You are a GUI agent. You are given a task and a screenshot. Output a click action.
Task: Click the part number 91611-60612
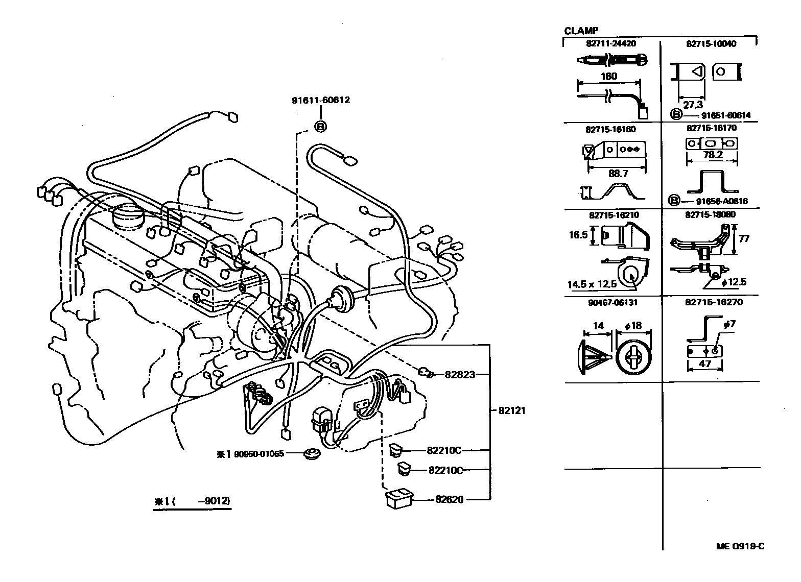pos(321,100)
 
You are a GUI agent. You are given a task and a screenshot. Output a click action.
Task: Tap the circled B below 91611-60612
pos(320,126)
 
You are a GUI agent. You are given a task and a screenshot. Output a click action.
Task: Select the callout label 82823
pos(459,375)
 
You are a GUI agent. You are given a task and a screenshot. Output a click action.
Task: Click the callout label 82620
pos(450,499)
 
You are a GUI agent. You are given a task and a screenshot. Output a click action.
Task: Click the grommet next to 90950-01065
pos(309,453)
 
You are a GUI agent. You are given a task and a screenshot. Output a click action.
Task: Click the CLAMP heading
pos(581,31)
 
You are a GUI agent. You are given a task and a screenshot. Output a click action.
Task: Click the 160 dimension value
pos(609,77)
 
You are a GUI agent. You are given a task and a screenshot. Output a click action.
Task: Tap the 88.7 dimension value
pos(618,174)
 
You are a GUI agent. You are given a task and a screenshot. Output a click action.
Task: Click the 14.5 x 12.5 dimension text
pos(592,284)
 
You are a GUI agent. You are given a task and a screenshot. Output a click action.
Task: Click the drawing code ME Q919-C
pos(740,546)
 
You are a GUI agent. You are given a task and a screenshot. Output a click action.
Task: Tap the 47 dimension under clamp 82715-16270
pos(705,364)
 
